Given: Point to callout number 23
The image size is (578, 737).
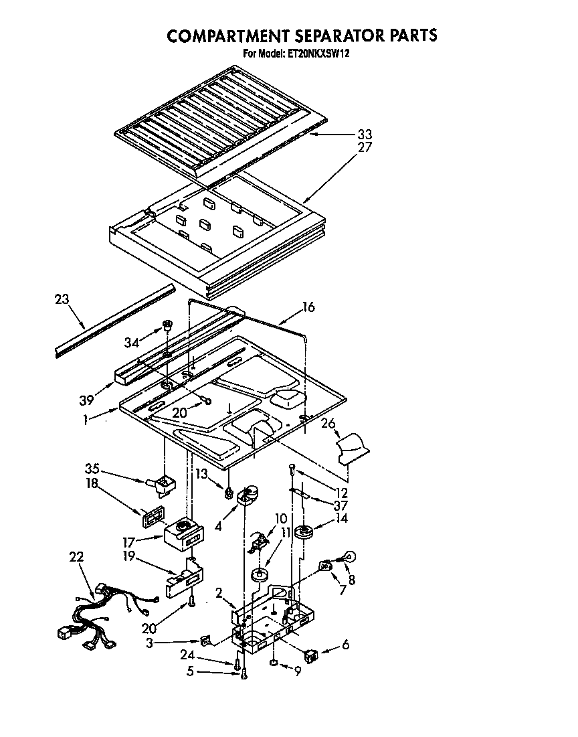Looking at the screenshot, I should (62, 300).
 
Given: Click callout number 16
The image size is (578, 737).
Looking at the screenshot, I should (308, 307).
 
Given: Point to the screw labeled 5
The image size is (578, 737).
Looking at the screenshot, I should (245, 675).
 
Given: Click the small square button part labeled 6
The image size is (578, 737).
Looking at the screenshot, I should (310, 653).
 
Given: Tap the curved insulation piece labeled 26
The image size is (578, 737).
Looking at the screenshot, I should (351, 447).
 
